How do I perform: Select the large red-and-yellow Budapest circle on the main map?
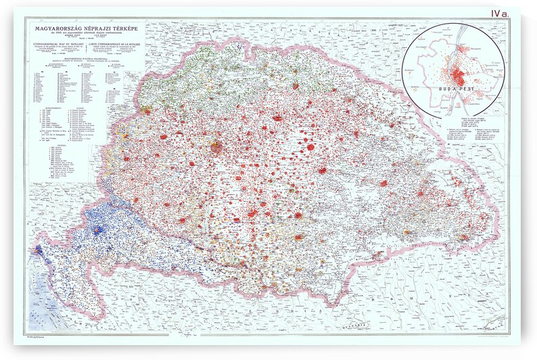(216, 146)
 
